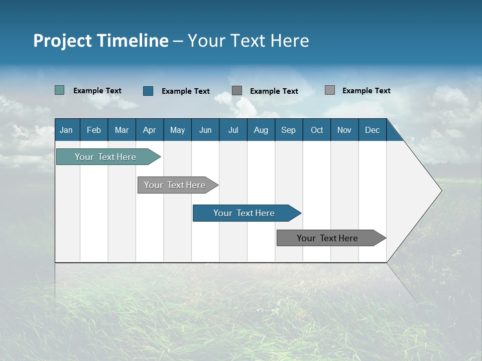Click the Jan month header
(66, 130)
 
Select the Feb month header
(94, 130)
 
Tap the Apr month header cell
(149, 130)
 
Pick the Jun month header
(205, 130)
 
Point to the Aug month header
(261, 130)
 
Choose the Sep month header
(289, 130)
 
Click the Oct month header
(317, 130)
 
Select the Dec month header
(373, 130)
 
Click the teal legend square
(60, 90)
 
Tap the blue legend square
(148, 91)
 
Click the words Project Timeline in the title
(101, 41)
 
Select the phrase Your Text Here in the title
(249, 41)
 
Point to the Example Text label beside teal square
(97, 91)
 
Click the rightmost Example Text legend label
(367, 91)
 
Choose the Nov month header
(344, 130)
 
